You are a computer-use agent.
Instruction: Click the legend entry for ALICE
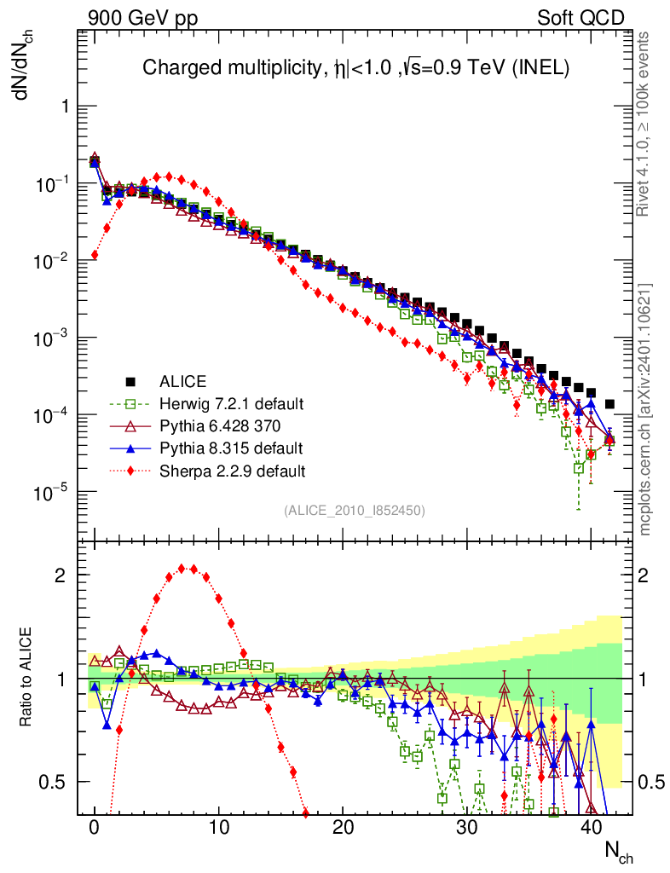183,381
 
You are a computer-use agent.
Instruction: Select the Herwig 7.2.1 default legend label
231,403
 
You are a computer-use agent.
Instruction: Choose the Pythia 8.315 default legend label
230,448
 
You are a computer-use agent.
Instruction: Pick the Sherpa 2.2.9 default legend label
233,470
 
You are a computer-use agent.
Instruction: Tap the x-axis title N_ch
618,851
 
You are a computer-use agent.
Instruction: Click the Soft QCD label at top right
580,18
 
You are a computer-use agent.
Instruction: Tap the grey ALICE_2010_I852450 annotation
354,510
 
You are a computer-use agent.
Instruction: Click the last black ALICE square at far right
609,404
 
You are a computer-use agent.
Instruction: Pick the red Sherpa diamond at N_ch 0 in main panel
95,255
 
